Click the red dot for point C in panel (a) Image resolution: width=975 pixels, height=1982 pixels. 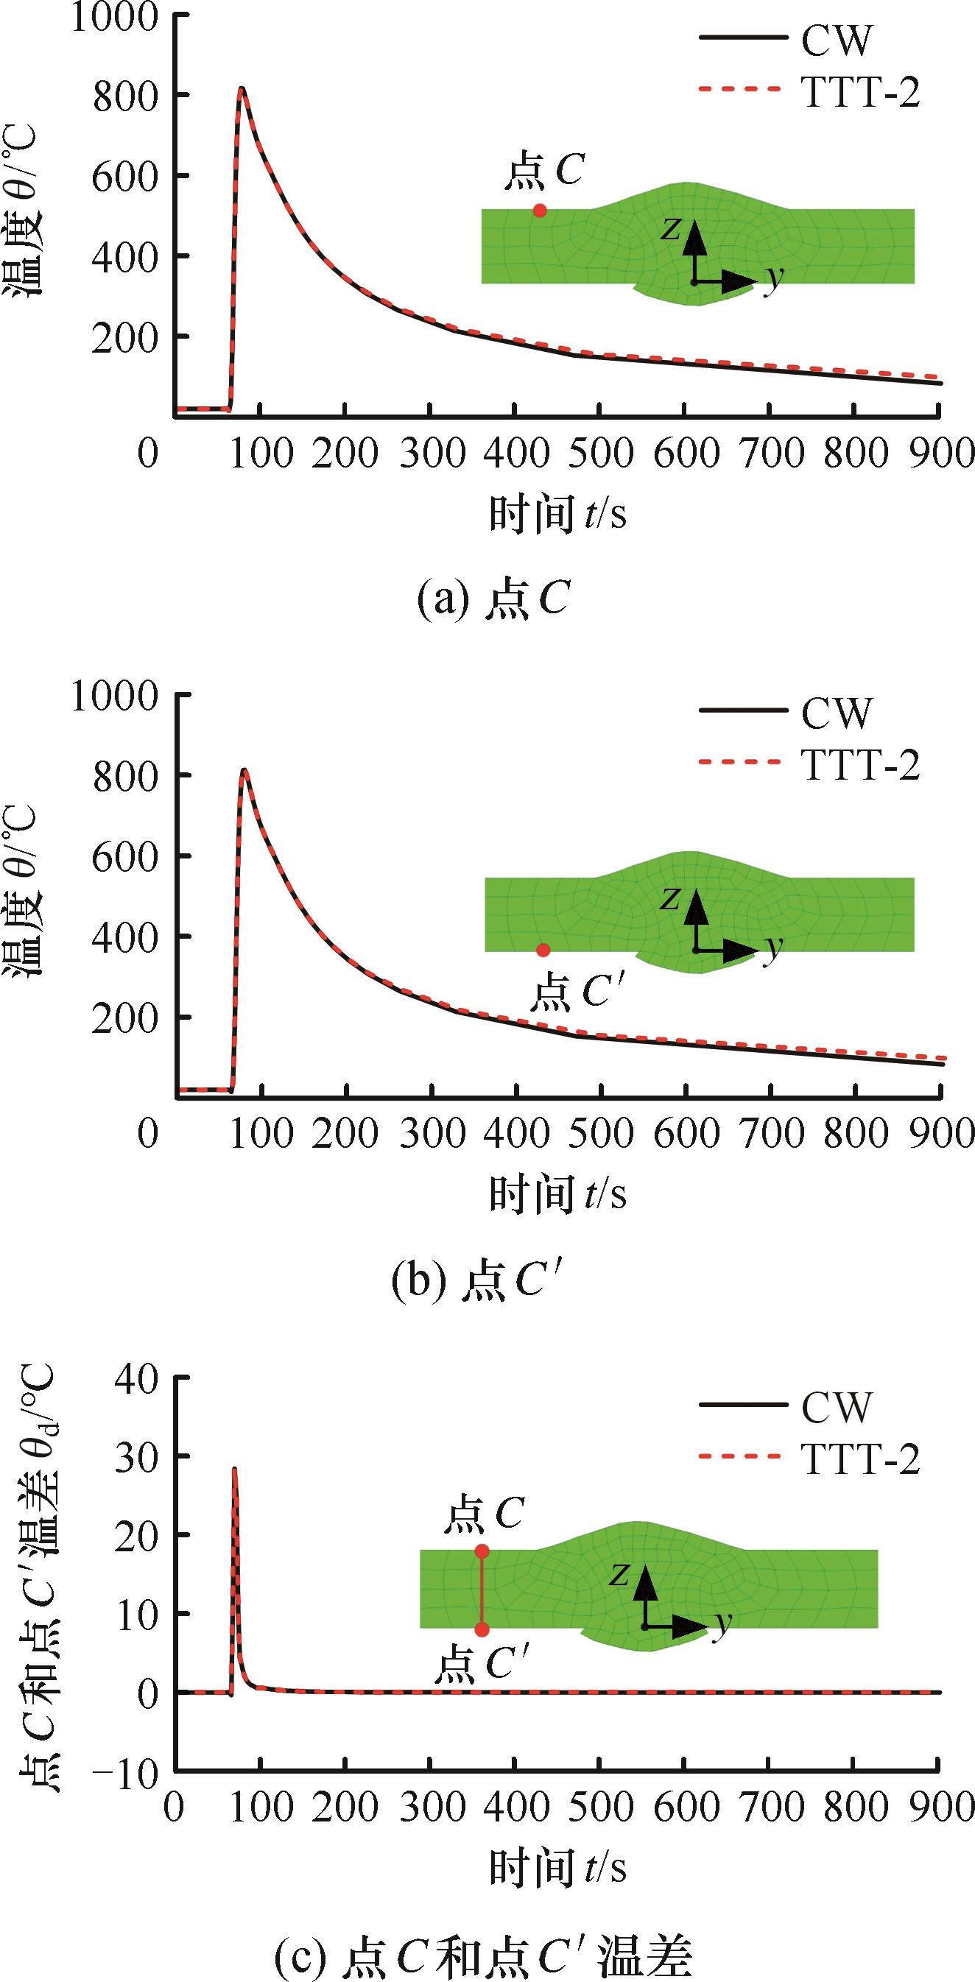pos(540,210)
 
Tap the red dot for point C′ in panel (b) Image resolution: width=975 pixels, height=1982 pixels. pos(543,951)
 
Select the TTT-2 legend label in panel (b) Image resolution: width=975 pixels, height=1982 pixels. pos(860,765)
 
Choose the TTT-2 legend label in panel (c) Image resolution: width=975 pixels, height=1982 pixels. pos(860,1457)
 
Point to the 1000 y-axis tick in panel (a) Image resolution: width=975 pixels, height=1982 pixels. pos(119,17)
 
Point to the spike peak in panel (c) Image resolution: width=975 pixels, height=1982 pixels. pos(234,1469)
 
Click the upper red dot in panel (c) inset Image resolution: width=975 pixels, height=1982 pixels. pos(482,1551)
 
